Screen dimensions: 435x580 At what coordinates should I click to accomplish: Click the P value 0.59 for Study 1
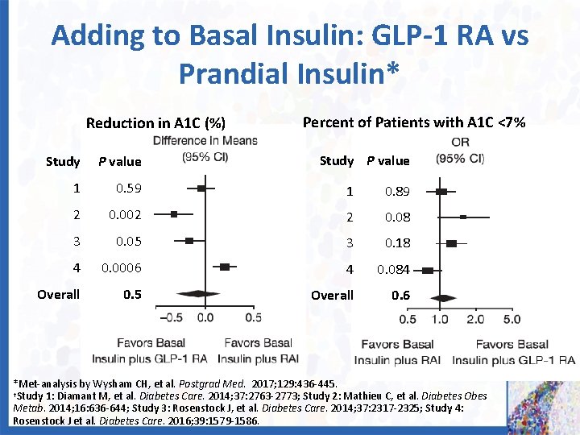click(128, 188)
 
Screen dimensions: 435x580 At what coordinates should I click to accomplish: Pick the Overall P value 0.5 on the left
click(132, 294)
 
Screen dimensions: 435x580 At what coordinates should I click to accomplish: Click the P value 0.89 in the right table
click(397, 192)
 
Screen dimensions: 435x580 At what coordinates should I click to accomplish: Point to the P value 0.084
click(394, 270)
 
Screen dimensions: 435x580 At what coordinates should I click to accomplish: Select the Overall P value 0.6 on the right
click(400, 296)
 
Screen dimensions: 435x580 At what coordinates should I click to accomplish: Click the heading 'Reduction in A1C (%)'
click(155, 123)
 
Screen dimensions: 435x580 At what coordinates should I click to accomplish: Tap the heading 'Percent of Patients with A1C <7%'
click(413, 122)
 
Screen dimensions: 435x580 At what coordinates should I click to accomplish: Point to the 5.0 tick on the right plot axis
click(511, 320)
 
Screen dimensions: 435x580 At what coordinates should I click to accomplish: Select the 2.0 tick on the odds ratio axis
click(475, 320)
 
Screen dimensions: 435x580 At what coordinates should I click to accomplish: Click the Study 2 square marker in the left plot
click(174, 214)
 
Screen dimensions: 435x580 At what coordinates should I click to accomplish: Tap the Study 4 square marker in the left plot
click(225, 266)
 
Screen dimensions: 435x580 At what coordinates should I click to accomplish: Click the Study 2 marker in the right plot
click(463, 217)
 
